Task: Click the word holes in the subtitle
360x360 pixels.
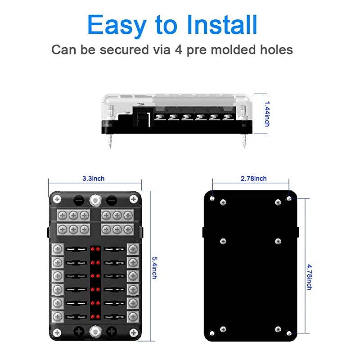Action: click(x=274, y=49)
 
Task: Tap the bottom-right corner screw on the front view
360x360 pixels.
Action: click(x=133, y=333)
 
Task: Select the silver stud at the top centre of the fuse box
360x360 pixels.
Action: click(x=95, y=199)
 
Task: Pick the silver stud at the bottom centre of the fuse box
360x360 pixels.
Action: click(x=95, y=333)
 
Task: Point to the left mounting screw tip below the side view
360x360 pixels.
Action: click(x=110, y=143)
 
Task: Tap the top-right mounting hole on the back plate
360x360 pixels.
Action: click(x=289, y=198)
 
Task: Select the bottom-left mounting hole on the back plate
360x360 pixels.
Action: click(x=212, y=333)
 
